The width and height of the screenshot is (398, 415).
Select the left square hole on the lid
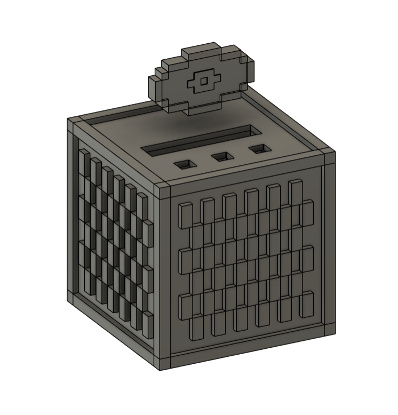pos(185,164)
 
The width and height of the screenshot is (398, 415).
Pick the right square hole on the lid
pos(259,149)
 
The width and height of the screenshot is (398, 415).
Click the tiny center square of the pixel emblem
pos(203,81)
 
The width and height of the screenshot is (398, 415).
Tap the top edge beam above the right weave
pos(245,174)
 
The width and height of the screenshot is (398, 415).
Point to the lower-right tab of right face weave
pos(307,303)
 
